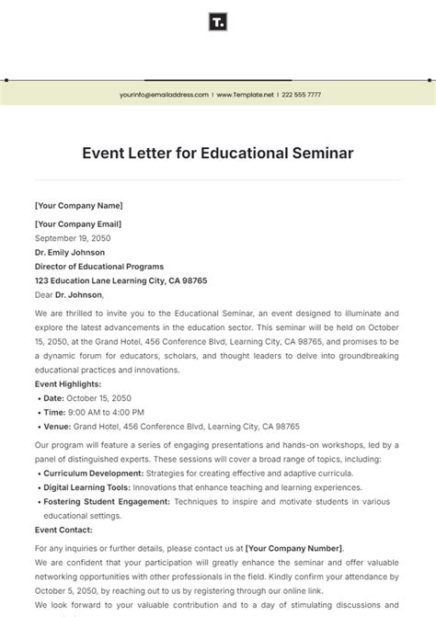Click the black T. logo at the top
coord(218,22)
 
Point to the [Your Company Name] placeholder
coord(78,206)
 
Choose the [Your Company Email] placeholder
coord(78,223)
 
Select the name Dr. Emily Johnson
coord(70,252)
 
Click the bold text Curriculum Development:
coord(92,473)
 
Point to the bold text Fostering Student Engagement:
coord(107,502)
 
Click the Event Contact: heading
coord(63,531)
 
